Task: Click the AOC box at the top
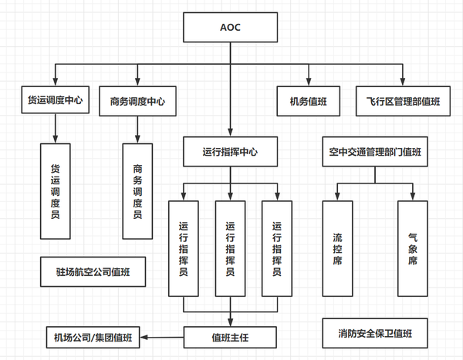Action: coord(230,29)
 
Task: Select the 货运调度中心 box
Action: coord(55,100)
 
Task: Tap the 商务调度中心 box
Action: coord(137,100)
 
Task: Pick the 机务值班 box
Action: coord(309,100)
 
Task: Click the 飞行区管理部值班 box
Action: coord(402,100)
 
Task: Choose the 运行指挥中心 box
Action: coord(230,152)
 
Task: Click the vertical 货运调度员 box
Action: coord(55,190)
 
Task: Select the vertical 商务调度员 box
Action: coord(137,190)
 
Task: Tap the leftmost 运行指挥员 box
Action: coord(184,248)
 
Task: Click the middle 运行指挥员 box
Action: coord(230,248)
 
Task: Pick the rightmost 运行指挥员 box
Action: coord(277,248)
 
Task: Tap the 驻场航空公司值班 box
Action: coord(93,271)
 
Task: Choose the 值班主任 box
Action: coord(230,337)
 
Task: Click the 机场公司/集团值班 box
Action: coord(93,337)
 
